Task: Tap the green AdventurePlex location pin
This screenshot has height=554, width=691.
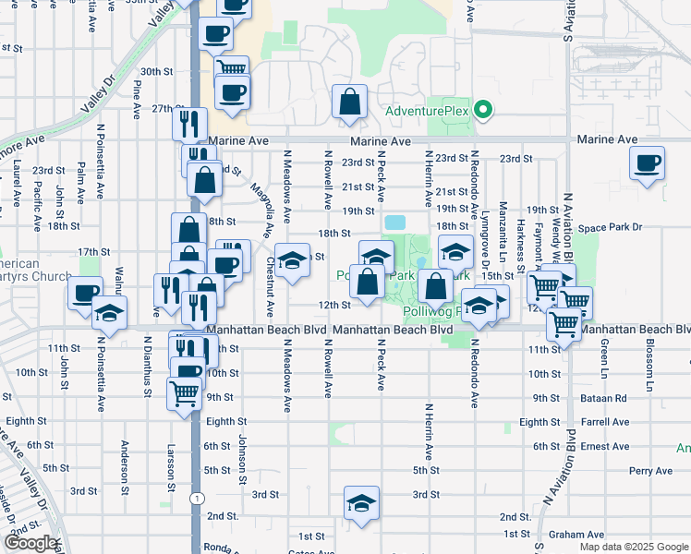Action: [x=481, y=112]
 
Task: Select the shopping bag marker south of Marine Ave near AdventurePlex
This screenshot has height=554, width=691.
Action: [x=350, y=104]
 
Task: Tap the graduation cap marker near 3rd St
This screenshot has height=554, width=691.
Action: [x=361, y=503]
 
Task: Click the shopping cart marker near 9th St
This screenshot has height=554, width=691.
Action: [x=184, y=392]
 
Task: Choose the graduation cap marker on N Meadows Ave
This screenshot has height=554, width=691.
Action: [x=293, y=261]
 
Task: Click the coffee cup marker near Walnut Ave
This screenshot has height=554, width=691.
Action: [x=85, y=295]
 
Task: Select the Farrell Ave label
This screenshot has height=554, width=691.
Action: [x=606, y=422]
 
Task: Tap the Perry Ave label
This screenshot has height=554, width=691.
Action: [x=651, y=471]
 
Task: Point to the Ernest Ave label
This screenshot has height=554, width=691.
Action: [x=606, y=446]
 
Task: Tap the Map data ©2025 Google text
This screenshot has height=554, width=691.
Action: [x=633, y=547]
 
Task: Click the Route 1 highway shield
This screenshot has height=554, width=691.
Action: [x=197, y=499]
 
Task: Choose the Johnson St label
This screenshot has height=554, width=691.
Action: [x=242, y=459]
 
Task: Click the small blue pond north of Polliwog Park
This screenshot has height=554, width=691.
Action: [x=395, y=223]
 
